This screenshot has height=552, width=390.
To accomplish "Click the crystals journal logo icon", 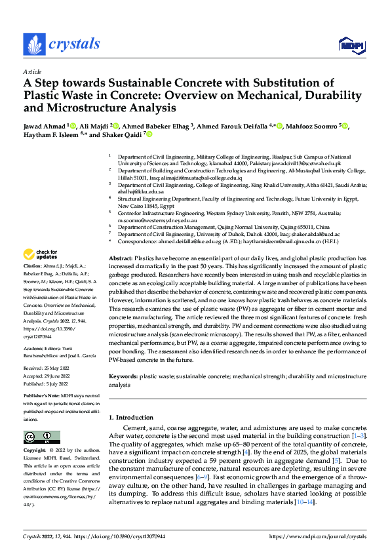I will coord(33,45).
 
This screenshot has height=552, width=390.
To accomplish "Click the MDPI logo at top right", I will coord(350,45).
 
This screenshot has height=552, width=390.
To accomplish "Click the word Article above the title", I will coord(32,71).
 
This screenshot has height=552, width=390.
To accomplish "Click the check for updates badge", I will coord(41,254).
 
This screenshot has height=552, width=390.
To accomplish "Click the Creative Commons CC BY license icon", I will coord(41,437).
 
